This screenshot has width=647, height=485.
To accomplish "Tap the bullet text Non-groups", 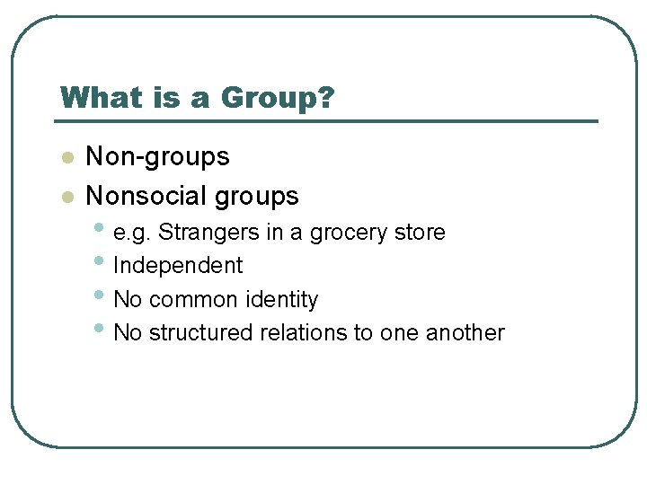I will (157, 157).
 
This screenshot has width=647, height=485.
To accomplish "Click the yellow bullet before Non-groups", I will (66, 158).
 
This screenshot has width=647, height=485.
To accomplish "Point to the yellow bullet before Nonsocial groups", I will (66, 197).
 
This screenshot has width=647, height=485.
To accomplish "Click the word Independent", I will (178, 266).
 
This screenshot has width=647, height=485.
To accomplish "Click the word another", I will (465, 332).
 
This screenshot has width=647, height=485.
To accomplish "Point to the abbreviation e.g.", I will (132, 234).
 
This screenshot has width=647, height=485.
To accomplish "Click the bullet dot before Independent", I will (99, 261).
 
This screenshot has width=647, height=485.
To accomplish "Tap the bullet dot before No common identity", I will (99, 295).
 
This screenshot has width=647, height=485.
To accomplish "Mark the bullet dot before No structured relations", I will (99, 328).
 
